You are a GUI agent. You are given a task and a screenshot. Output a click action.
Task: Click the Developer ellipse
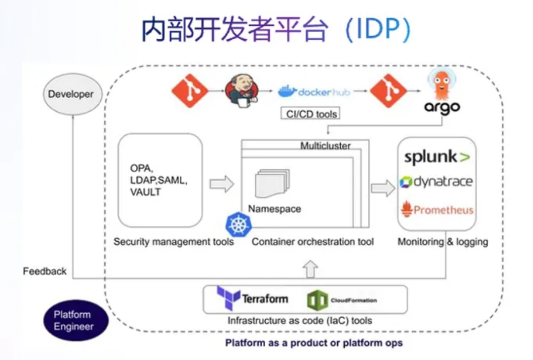(x=72, y=94)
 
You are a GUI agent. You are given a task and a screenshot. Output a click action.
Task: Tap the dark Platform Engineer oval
(x=75, y=320)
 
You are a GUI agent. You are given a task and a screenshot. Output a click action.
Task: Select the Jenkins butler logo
(x=242, y=91)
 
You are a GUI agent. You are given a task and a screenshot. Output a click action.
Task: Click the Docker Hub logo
(x=314, y=92)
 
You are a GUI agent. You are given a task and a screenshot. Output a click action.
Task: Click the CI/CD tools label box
(x=311, y=114)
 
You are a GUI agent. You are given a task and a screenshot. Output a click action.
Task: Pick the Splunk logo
(x=437, y=157)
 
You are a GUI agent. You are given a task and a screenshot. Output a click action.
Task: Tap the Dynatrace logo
(x=436, y=182)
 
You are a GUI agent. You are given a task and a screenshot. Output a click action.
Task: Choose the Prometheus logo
(x=437, y=209)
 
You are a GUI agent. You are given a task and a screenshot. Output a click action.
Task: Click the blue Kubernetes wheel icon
(x=239, y=225)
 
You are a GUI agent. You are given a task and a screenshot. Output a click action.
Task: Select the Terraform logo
(x=252, y=298)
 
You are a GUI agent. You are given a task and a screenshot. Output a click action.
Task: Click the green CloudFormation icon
(x=318, y=300)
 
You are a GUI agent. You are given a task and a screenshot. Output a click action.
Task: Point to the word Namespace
(x=274, y=209)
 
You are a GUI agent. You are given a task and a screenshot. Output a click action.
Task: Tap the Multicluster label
(x=325, y=146)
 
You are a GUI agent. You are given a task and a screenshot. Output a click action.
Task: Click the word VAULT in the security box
(x=145, y=192)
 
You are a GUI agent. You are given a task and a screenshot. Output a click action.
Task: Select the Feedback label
(x=44, y=271)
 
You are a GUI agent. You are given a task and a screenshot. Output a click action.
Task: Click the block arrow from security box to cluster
(x=221, y=184)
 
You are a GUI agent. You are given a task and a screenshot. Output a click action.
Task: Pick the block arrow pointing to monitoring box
(x=383, y=188)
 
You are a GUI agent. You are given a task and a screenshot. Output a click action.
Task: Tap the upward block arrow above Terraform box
(x=311, y=269)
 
